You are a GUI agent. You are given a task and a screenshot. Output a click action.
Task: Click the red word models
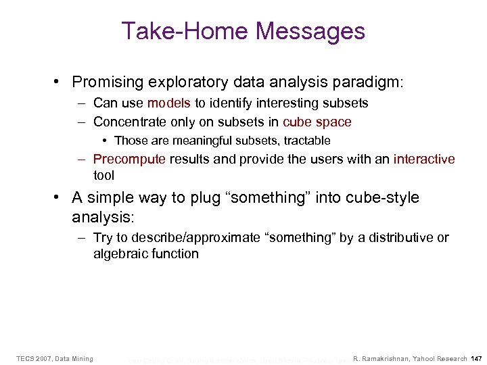(168, 103)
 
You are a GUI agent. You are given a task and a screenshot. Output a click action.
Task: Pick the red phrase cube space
(317, 122)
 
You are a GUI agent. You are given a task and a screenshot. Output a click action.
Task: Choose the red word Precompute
(129, 160)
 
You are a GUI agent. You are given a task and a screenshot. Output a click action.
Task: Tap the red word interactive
(424, 160)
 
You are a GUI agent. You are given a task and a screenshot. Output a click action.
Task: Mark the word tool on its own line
(105, 174)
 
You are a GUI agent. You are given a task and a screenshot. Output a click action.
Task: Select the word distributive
(392, 238)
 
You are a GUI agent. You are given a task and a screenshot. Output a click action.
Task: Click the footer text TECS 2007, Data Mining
(55, 358)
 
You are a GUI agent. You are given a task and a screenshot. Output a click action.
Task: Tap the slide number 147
(476, 358)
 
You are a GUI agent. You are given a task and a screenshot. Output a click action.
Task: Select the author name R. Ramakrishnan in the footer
(388, 358)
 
